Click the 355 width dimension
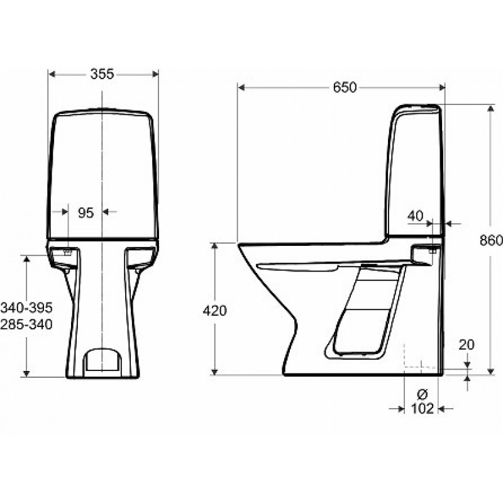tap(102, 74)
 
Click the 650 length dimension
tap(345, 87)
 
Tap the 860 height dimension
tap(491, 240)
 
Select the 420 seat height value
tap(214, 311)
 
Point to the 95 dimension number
tap(86, 213)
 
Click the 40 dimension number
tap(416, 216)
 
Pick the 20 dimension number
tap(467, 345)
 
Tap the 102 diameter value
tap(422, 408)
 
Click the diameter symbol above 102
tap(422, 394)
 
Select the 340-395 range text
tap(26, 308)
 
